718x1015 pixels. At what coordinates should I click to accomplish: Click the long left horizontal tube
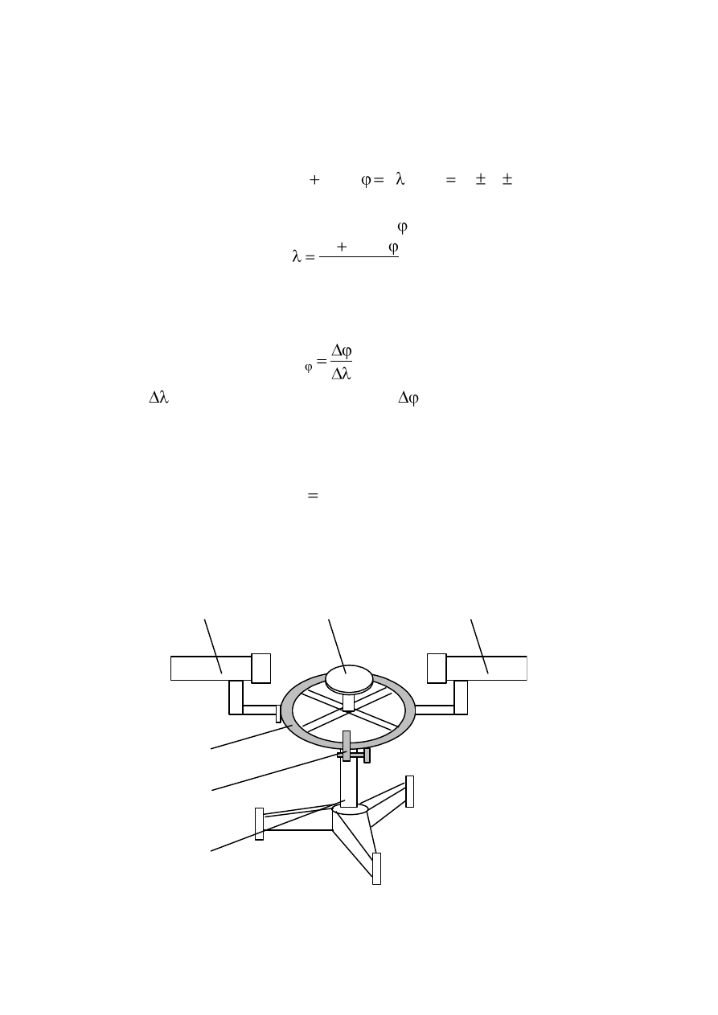click(211, 668)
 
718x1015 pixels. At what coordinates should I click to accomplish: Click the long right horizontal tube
click(486, 668)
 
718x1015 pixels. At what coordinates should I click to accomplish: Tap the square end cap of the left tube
click(261, 668)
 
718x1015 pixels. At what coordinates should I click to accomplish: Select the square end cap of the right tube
click(437, 668)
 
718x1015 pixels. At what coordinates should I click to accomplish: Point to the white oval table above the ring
click(349, 679)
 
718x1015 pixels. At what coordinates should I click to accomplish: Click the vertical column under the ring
click(349, 783)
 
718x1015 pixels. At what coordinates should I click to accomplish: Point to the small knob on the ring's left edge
click(278, 714)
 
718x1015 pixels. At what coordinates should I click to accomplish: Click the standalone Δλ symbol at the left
click(158, 397)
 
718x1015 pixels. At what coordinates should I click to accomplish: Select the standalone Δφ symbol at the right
click(408, 398)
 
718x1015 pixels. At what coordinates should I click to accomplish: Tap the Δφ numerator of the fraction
click(342, 350)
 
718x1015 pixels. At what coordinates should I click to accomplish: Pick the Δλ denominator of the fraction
click(342, 374)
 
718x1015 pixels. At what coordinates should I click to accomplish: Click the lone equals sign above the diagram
click(313, 495)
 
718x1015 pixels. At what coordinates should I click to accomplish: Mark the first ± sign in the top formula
click(481, 179)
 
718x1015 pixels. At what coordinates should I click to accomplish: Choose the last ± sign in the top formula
click(507, 179)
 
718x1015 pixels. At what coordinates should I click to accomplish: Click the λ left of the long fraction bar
click(297, 256)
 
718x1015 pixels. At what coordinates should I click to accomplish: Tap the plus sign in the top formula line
click(314, 180)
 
